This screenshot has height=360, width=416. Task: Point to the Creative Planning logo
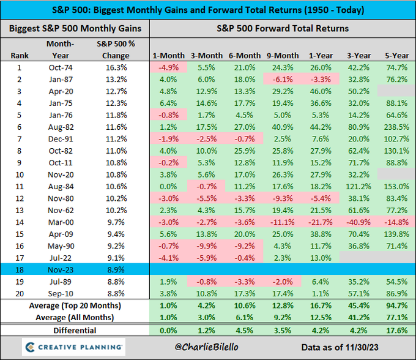pyautogui.click(x=73, y=347)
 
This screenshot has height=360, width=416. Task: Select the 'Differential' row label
pyautogui.click(x=75, y=330)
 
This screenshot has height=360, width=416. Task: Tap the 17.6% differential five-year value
pyautogui.click(x=396, y=330)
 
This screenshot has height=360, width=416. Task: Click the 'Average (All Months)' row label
pyautogui.click(x=75, y=317)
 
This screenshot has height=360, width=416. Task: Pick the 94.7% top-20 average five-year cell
pyautogui.click(x=396, y=304)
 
